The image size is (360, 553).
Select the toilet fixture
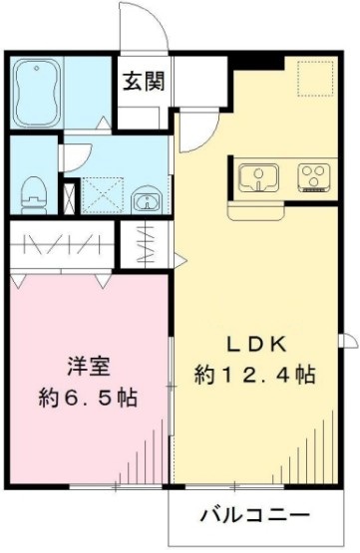(34, 188)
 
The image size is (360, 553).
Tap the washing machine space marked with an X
(102, 193)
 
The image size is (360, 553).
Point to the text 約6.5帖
(88, 397)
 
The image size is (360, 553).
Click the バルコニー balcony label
(254, 516)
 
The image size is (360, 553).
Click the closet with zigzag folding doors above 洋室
(62, 245)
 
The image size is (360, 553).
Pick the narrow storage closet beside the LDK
(142, 243)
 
